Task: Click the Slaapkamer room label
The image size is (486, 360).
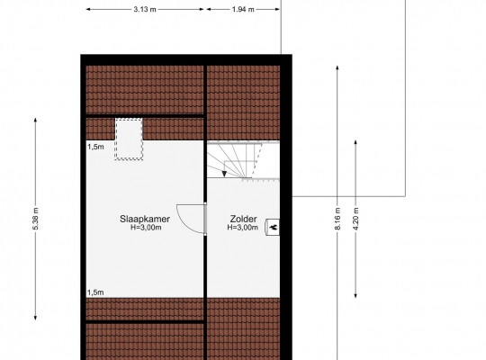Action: click(x=145, y=219)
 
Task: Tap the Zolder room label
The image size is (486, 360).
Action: click(x=243, y=219)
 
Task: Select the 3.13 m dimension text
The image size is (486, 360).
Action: click(x=145, y=9)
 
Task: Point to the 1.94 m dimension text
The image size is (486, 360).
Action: click(x=243, y=9)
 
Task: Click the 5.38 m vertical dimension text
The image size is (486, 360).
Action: click(x=35, y=219)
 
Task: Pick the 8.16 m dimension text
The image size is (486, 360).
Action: click(x=337, y=219)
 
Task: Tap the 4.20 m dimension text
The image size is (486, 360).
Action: click(x=355, y=219)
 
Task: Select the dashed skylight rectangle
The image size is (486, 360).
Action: click(x=129, y=139)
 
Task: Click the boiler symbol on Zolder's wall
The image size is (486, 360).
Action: click(x=273, y=228)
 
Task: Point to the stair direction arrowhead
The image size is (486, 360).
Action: click(x=224, y=174)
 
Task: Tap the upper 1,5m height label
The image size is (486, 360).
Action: click(x=95, y=147)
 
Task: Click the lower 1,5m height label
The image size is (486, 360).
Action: click(x=95, y=292)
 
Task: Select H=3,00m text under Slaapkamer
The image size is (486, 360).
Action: click(x=146, y=228)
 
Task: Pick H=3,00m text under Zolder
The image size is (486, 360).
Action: click(x=243, y=228)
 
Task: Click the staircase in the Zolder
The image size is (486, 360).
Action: click(x=243, y=160)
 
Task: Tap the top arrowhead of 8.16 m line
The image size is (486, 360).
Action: click(x=337, y=67)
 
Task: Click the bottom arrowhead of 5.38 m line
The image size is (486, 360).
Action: click(x=35, y=318)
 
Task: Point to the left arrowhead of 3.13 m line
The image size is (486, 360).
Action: click(x=88, y=9)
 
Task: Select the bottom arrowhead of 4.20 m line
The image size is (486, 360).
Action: click(x=355, y=295)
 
